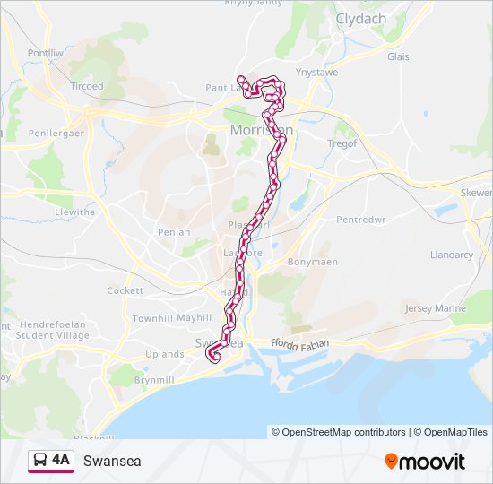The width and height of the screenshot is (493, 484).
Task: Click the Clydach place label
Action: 361,18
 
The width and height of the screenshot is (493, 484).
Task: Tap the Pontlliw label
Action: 49,54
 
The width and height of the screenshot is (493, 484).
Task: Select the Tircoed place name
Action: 87,86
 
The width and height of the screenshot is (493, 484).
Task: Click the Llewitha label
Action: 74,212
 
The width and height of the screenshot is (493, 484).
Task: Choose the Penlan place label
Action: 174,231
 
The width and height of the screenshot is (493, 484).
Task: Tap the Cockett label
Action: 125,290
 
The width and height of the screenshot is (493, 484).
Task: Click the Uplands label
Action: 164,354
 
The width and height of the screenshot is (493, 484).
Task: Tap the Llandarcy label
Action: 451,255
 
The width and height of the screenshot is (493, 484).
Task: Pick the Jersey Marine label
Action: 436,308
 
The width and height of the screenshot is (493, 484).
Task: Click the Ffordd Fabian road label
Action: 300,343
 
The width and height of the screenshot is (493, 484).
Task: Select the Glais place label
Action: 398,56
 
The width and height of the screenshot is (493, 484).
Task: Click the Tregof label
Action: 342,143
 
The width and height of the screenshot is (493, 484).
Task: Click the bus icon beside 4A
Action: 40,461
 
